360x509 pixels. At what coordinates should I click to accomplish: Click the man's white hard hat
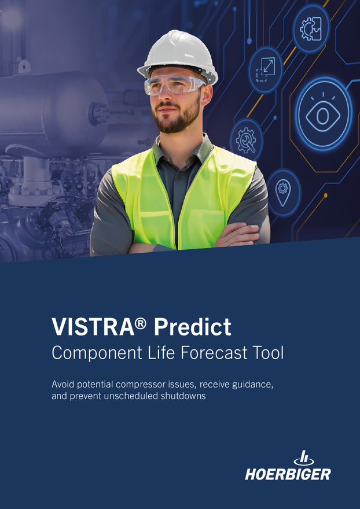178,56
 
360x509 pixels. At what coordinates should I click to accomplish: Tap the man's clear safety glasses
174,85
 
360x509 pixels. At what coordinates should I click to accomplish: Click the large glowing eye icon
323,115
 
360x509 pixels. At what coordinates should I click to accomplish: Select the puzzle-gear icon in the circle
311,29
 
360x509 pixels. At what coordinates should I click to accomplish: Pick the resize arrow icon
266,69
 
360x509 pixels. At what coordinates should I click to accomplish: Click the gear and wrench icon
247,140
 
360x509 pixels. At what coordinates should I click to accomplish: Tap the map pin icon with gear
283,192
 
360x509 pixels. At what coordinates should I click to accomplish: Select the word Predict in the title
192,326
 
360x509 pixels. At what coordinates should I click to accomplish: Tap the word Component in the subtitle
97,353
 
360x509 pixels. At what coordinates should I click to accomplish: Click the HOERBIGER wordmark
288,474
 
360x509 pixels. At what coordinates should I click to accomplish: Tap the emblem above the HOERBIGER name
304,458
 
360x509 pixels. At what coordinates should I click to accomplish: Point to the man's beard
176,119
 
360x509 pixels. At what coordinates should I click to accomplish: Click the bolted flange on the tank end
98,113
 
